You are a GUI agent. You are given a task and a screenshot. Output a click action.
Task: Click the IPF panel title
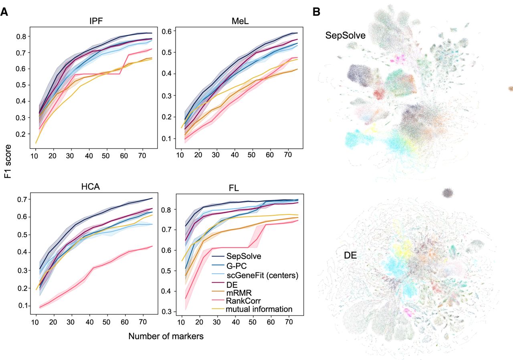pos(96,21)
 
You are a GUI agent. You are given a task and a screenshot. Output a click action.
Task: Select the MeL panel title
pos(240,21)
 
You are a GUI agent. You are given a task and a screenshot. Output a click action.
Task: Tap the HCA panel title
pos(91,187)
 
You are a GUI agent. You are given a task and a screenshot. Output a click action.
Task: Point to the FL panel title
pos(234,188)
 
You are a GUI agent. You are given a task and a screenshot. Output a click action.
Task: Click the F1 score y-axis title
pos(8,161)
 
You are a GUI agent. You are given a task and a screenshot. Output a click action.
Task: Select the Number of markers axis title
pos(166,336)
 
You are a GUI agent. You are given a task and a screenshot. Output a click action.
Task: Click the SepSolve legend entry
pos(244,256)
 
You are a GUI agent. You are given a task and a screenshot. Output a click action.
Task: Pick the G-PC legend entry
pos(236,266)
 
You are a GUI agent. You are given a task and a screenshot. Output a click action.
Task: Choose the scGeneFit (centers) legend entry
pos(263,275)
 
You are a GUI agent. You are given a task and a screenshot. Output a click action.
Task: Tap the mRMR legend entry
pos(239,293)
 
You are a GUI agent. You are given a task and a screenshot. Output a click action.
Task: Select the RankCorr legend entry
pos(243,301)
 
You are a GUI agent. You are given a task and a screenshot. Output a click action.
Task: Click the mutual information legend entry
pos(259,309)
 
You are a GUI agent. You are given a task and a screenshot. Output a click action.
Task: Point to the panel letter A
pos(4,12)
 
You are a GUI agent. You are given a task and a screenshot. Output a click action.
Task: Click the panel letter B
pos(316,12)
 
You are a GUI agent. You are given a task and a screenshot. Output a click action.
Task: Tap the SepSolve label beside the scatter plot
pos(345,36)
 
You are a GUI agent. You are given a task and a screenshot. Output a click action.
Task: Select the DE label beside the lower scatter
pos(350,255)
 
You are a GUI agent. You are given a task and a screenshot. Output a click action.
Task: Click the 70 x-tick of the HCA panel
pos(142,322)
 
